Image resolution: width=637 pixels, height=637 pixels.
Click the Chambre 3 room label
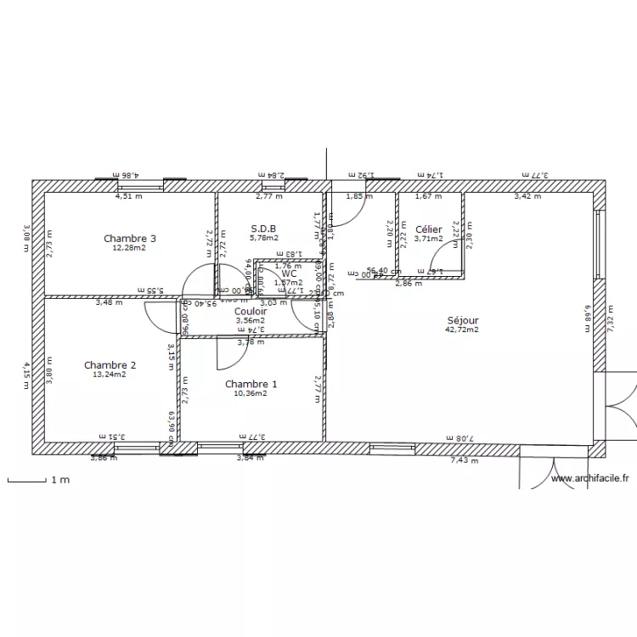point(129,238)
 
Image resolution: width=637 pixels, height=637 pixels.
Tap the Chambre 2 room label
point(110,365)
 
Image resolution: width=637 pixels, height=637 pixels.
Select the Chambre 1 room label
point(251,384)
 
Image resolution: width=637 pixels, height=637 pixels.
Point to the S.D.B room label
point(263,228)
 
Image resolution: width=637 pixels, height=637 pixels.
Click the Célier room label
point(429,228)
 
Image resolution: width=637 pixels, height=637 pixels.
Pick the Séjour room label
point(462,319)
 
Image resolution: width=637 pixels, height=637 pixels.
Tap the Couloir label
point(251,311)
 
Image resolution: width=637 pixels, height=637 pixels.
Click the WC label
point(289,273)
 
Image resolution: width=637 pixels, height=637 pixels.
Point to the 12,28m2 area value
point(129,248)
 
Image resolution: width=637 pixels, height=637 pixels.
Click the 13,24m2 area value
point(110,375)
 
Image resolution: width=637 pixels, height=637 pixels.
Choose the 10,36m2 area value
point(251,393)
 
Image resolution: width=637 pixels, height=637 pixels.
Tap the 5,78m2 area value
point(263,238)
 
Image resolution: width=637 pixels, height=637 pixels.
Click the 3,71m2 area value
point(429,239)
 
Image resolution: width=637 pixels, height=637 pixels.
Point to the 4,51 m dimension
point(129,196)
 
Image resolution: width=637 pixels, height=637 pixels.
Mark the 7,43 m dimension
point(464,460)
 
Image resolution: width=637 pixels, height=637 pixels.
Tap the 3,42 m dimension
point(527,196)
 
